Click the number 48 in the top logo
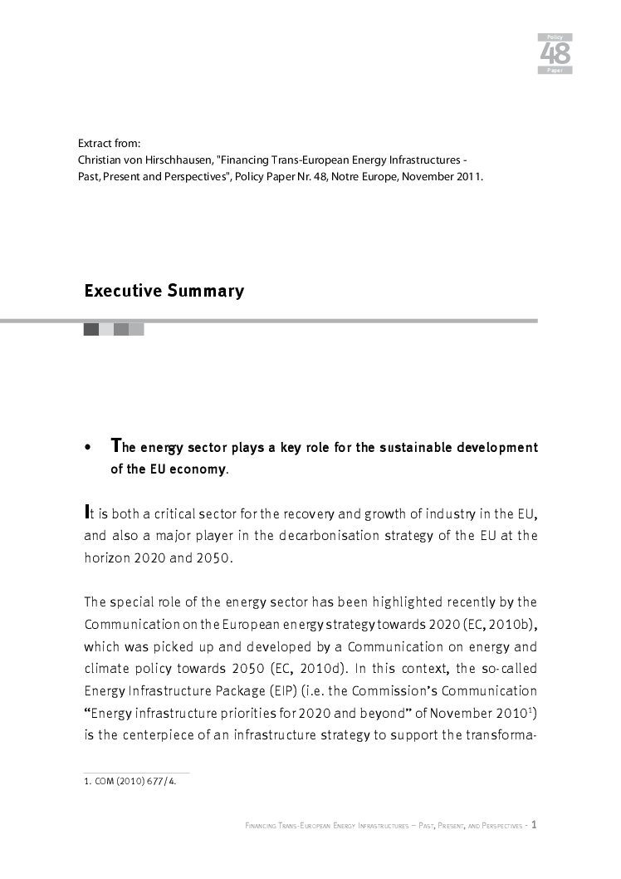coord(555,54)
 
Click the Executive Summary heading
coord(164,292)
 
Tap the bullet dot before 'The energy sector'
coord(88,449)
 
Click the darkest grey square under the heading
coord(91,330)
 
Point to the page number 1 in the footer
coord(535,825)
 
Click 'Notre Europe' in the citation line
coord(369,175)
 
